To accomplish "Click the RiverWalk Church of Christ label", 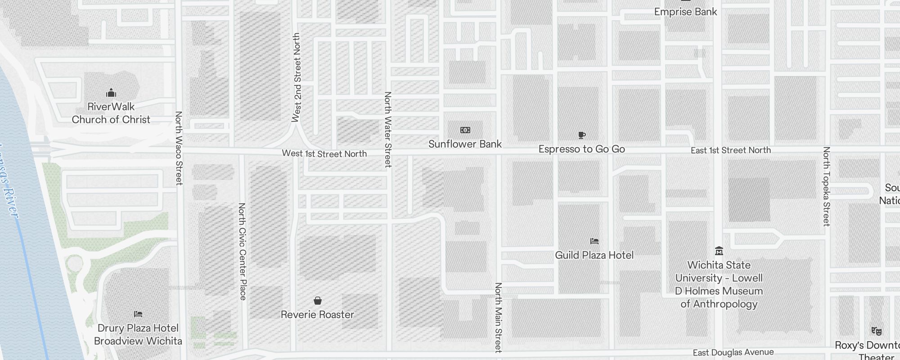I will coord(111,113).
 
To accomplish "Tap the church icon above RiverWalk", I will coord(111,93).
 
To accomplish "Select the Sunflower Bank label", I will coord(465,144).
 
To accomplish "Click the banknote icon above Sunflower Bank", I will coord(465,130).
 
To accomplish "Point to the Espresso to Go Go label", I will coord(581,149).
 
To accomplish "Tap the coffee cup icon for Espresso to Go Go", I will coord(581,135).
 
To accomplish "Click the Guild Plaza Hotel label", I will coord(594,255).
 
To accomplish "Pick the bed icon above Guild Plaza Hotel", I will coord(594,241).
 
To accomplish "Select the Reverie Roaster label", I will coord(317,315).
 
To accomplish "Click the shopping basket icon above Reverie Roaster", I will coord(318,301).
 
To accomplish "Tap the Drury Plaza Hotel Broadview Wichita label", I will coord(138,334).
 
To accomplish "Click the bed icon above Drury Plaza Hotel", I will coord(138,314).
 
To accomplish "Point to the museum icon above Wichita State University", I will coord(719,251).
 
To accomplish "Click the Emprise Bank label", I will coord(685,12).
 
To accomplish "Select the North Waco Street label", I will coord(179,148).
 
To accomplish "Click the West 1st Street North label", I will coord(324,153).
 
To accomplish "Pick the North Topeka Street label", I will coord(826,186).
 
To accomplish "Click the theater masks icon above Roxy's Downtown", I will coord(876,331).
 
